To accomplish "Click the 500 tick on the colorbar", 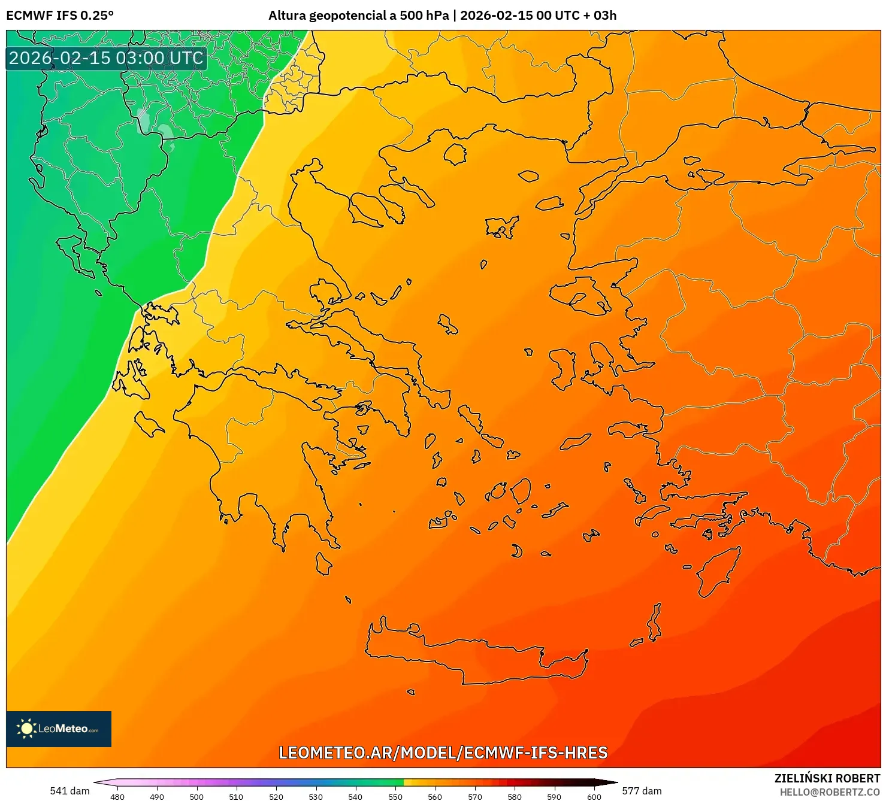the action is coord(196,796).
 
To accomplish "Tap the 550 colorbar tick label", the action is coord(395,796).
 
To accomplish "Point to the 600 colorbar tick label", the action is coord(594,796).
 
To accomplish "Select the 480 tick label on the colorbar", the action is coord(117,796).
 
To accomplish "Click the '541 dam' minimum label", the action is coord(69,791).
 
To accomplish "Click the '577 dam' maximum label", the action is coord(642,791).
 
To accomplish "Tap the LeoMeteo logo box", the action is coord(59,729).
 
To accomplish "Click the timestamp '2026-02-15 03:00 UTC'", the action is coord(106,58).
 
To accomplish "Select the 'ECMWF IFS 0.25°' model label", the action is coord(60,16).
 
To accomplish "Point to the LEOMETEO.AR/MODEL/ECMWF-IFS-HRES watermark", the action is coord(443,753).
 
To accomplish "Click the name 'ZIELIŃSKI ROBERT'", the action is coord(827,778).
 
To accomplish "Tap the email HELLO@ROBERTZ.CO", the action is coord(830,791).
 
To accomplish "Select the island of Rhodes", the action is coord(716,571).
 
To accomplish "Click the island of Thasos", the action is coord(455,154).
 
